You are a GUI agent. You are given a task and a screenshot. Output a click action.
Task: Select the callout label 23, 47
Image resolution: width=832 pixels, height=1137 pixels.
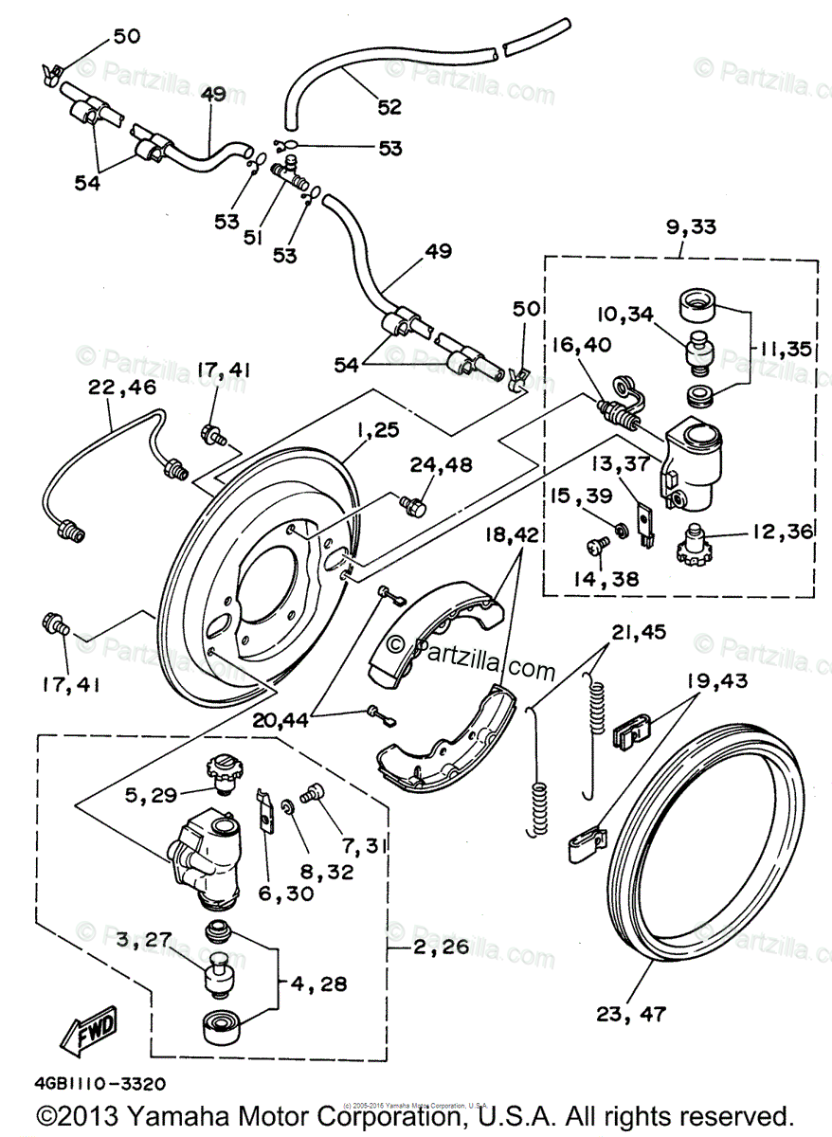tap(631, 1013)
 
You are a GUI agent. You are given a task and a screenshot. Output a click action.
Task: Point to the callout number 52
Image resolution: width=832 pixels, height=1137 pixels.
tap(389, 106)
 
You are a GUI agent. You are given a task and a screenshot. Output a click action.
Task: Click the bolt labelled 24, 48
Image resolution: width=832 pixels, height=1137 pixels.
tap(410, 504)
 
